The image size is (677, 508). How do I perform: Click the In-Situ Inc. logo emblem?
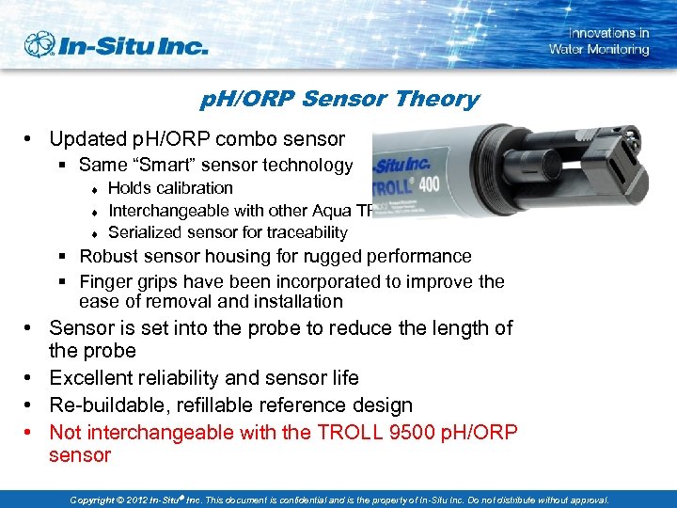pyautogui.click(x=40, y=44)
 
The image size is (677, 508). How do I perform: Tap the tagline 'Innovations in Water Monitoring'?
pyautogui.click(x=599, y=41)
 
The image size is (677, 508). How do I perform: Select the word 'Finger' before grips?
pyautogui.click(x=108, y=281)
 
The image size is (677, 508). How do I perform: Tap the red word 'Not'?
pyautogui.click(x=66, y=433)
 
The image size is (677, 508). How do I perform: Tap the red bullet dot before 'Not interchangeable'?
pyautogui.click(x=31, y=433)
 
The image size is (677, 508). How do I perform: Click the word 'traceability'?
pyautogui.click(x=306, y=232)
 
